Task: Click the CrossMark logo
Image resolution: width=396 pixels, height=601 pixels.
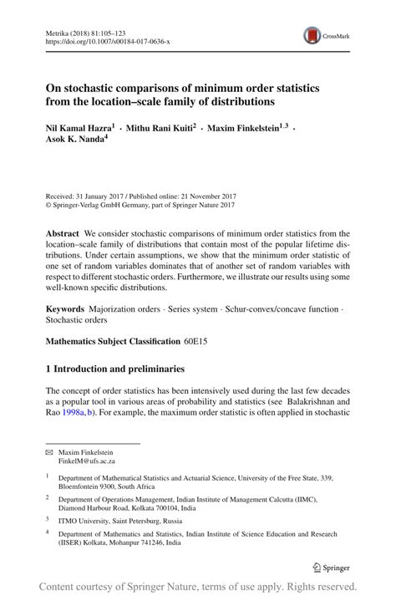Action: (327, 36)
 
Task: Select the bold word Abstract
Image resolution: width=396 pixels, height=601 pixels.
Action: (63, 234)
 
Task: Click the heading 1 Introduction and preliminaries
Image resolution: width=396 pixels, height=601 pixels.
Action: (120, 369)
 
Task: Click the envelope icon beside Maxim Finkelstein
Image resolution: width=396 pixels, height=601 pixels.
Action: (49, 451)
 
